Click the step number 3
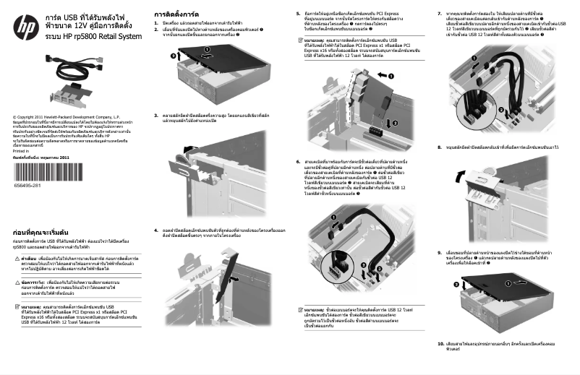point(156,114)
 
